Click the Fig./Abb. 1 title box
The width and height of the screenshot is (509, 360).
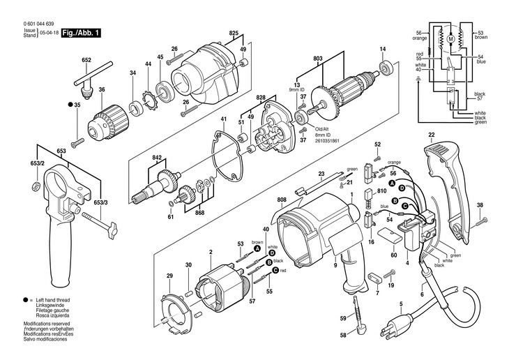point(81,33)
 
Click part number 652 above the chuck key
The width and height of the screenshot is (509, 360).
point(86,60)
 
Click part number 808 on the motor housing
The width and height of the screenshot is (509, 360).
point(281,200)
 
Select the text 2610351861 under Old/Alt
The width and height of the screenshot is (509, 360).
point(328,140)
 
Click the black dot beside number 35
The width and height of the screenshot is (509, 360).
point(69,104)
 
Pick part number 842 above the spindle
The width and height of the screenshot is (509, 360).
point(156,159)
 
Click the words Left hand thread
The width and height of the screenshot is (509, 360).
point(50,298)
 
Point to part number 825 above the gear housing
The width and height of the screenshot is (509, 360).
point(233,33)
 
